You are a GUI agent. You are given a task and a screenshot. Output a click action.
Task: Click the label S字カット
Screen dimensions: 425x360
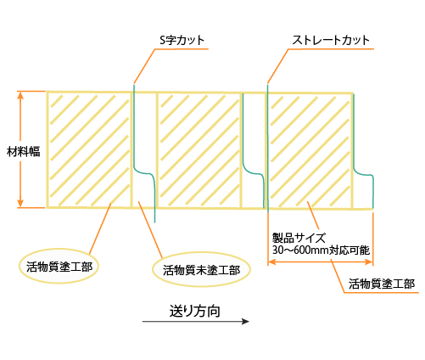click(182, 40)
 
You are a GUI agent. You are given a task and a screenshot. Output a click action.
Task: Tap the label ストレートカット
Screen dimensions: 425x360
click(331, 40)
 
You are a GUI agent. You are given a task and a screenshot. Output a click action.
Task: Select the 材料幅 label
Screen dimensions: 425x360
click(23, 152)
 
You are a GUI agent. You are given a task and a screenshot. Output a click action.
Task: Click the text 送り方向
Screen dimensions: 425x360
click(195, 312)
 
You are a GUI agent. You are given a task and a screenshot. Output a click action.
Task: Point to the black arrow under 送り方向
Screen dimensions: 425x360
click(196, 321)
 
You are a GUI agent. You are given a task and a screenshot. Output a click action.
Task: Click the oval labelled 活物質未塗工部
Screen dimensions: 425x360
click(201, 270)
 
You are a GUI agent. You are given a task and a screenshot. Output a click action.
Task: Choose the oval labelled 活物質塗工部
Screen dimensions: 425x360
click(59, 266)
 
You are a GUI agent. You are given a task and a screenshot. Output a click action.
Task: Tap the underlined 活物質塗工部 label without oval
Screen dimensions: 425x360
click(382, 284)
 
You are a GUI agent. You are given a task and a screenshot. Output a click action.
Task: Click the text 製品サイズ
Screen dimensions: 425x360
click(299, 238)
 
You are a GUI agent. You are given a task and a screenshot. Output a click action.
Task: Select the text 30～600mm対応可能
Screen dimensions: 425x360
click(321, 250)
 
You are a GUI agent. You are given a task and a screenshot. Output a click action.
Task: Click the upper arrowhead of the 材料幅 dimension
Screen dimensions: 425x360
click(20, 95)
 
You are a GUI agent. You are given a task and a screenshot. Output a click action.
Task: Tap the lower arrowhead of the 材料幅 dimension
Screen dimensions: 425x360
click(20, 203)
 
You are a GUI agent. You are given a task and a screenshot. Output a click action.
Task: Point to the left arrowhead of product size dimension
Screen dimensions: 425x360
click(271, 262)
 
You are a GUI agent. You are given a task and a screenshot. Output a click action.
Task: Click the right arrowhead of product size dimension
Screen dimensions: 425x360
click(369, 262)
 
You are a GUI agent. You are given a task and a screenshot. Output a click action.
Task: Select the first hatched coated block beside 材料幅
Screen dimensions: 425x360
click(89, 149)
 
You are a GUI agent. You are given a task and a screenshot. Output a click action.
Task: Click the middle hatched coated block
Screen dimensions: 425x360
click(199, 150)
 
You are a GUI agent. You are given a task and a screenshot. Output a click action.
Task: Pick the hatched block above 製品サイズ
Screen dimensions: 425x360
click(310, 151)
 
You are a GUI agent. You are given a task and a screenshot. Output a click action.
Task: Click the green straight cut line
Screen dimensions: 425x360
click(267, 148)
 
